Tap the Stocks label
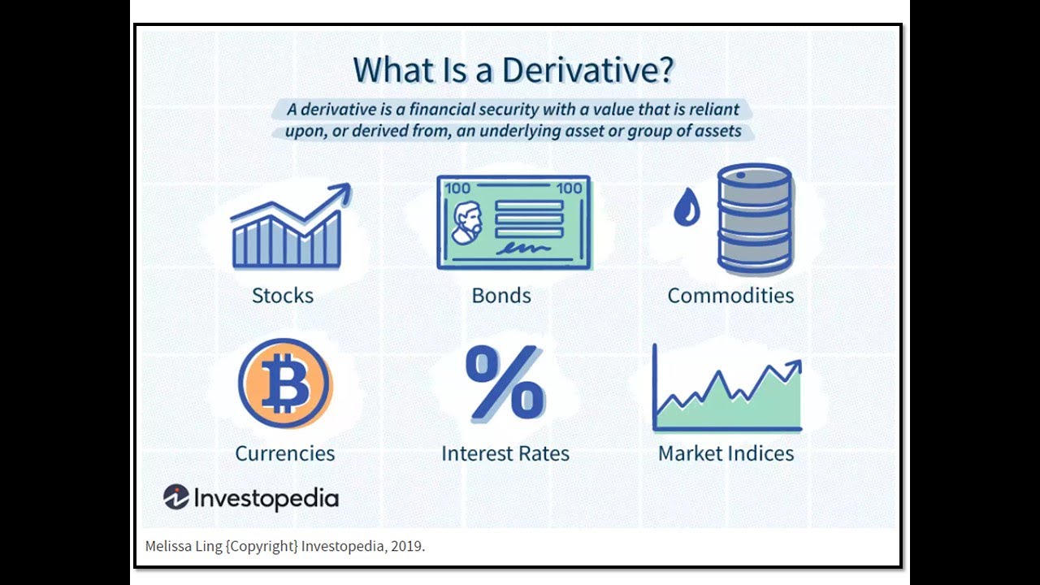pyautogui.click(x=282, y=295)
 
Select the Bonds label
pyautogui.click(x=501, y=295)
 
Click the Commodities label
pyautogui.click(x=730, y=295)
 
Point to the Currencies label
pyautogui.click(x=284, y=453)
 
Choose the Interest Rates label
pyautogui.click(x=505, y=453)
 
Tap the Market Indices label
pyautogui.click(x=726, y=453)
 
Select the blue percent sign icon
pyautogui.click(x=505, y=383)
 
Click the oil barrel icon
pyautogui.click(x=754, y=219)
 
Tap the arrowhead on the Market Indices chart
pyautogui.click(x=794, y=367)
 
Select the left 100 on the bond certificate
pyautogui.click(x=457, y=188)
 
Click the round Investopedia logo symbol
pyautogui.click(x=175, y=497)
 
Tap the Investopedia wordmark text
pyautogui.click(x=266, y=498)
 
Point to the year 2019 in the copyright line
pyautogui.click(x=405, y=546)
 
